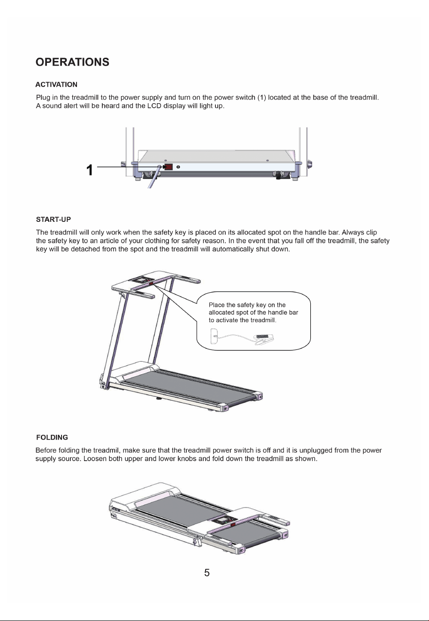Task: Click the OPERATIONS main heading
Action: [x=72, y=62]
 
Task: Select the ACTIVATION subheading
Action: [x=56, y=84]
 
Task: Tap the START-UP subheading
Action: [x=54, y=220]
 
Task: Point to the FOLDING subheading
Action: [x=52, y=438]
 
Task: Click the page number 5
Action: [x=207, y=573]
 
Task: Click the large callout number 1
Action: [x=89, y=170]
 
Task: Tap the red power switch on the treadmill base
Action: [x=169, y=167]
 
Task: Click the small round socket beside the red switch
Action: [x=178, y=167]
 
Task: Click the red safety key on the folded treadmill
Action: [x=232, y=524]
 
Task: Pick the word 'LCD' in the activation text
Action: [x=154, y=106]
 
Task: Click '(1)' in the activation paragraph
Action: [x=262, y=98]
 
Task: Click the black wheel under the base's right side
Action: [x=279, y=175]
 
